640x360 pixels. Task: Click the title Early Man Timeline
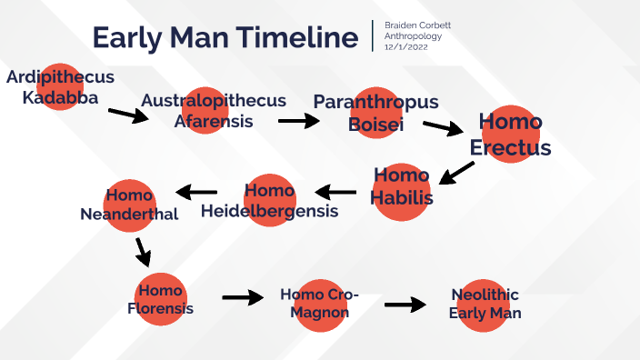pyautogui.click(x=225, y=37)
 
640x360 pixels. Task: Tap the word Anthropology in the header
pyautogui.click(x=414, y=36)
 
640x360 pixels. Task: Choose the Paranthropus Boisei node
pyautogui.click(x=375, y=113)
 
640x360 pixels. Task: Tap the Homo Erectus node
pyautogui.click(x=510, y=135)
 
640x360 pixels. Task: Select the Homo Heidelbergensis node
pyautogui.click(x=270, y=200)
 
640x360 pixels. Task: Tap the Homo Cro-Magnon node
pyautogui.click(x=319, y=304)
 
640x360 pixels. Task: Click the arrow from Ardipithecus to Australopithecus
pyautogui.click(x=127, y=115)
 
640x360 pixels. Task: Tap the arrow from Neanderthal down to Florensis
pyautogui.click(x=142, y=251)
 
